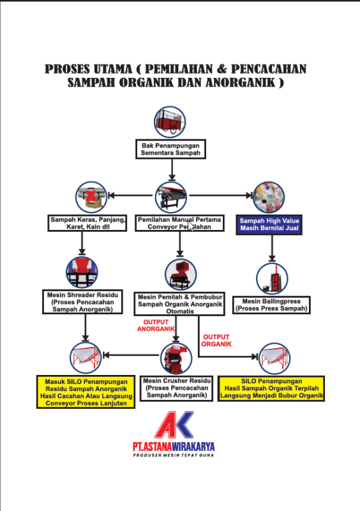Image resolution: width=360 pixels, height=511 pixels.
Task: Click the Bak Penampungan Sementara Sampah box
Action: [x=170, y=149]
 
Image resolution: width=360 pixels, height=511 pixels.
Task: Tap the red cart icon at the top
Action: [x=170, y=122]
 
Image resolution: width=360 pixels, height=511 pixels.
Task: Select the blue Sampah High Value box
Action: [x=269, y=225]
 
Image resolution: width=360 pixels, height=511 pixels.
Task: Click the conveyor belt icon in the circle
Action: [x=171, y=197]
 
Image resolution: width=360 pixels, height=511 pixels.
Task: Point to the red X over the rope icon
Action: [x=91, y=195]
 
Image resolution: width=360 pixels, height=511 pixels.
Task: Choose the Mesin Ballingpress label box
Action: [x=271, y=305]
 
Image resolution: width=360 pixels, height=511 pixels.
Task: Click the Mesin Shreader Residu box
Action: [x=82, y=302]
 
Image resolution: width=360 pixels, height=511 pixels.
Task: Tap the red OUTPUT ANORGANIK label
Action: [x=156, y=325]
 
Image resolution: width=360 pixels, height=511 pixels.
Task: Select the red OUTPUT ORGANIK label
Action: [x=216, y=340]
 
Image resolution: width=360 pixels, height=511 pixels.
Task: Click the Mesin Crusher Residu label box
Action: [x=177, y=388]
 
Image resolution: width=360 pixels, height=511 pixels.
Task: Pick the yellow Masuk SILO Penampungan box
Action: [x=86, y=392]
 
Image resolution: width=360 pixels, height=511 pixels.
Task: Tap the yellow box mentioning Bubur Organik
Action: [x=271, y=388]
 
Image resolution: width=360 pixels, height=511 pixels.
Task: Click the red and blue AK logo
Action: [x=174, y=425]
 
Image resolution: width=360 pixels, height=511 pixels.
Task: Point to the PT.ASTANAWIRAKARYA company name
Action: [x=174, y=446]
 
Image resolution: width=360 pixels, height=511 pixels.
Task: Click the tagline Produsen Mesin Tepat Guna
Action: [x=174, y=455]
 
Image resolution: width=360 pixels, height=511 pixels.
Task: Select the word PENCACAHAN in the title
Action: [x=269, y=69]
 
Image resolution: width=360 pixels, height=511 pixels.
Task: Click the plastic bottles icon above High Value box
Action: [x=269, y=197]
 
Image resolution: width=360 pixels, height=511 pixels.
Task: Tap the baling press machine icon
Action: [x=272, y=278]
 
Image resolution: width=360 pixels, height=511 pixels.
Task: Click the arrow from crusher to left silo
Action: [x=131, y=355]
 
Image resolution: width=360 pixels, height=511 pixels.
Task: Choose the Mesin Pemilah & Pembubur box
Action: [x=179, y=304]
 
